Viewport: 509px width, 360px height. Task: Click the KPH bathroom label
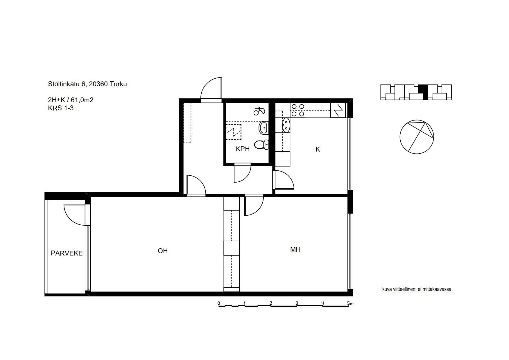pos(243,149)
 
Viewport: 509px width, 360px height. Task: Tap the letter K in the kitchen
pos(318,149)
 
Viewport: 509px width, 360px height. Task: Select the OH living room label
pos(163,251)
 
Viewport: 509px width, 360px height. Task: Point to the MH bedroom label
pos(295,249)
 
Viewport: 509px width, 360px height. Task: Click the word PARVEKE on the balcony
pos(67,253)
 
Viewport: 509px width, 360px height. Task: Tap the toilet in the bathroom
pos(261,144)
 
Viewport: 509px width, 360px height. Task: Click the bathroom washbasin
pos(264,127)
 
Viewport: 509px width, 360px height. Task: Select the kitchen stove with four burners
pos(298,111)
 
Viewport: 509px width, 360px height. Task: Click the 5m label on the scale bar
pos(350,303)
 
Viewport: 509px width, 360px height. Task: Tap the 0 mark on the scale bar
pos(219,303)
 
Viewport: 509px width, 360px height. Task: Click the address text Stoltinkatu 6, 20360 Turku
pos(87,84)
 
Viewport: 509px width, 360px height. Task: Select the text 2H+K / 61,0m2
pos(71,100)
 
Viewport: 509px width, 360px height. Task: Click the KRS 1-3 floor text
pos(61,108)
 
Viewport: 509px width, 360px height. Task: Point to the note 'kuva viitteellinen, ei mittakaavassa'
pos(417,289)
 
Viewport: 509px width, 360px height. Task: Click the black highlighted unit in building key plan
pos(425,92)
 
